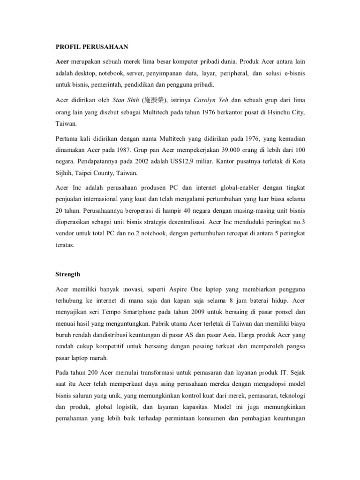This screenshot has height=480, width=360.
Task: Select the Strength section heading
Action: [x=67, y=274]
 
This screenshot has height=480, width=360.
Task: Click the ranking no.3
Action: [x=299, y=222]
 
